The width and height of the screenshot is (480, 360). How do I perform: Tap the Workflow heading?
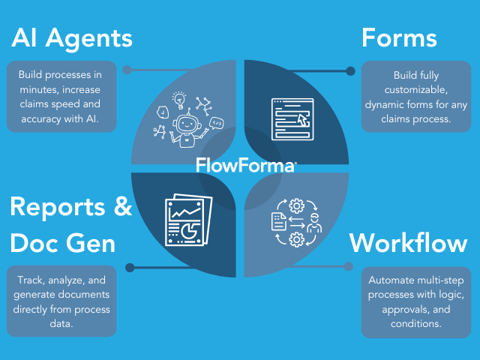point(409,243)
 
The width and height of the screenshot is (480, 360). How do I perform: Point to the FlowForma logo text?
point(245,164)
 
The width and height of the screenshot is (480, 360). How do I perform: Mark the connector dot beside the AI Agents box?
point(127,70)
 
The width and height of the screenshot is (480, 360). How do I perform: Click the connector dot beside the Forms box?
point(350,72)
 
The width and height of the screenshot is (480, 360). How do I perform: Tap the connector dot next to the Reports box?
point(130,267)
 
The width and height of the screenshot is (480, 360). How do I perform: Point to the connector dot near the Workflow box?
point(348,265)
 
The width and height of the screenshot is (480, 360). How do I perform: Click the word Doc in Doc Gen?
point(37,243)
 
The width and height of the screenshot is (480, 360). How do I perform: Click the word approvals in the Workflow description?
point(406,310)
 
